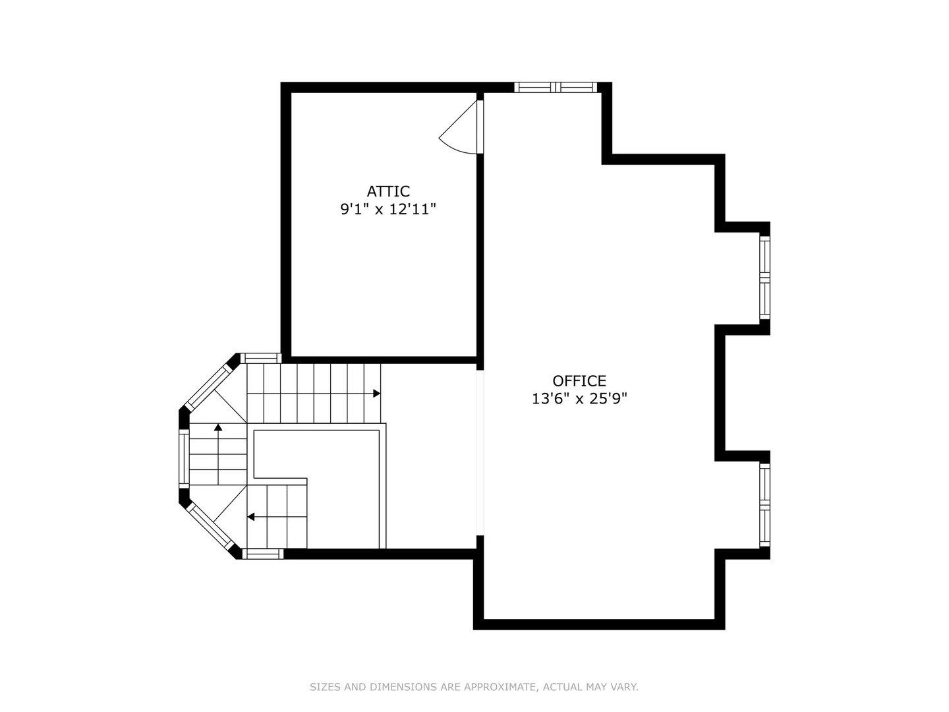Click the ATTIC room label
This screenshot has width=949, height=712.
point(388,191)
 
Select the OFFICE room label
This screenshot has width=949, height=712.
point(579,381)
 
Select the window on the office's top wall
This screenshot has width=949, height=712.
point(556,87)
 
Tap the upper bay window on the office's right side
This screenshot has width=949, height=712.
point(764,278)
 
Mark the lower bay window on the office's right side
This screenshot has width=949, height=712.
point(764,505)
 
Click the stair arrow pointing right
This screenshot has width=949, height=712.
point(376,394)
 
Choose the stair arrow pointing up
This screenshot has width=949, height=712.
point(218,428)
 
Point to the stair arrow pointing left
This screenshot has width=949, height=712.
point(251,517)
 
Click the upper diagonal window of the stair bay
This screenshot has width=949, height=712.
point(210,386)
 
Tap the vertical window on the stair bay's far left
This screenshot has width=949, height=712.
point(184,459)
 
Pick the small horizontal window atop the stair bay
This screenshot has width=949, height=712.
point(261,358)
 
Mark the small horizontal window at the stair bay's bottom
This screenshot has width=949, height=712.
point(263,554)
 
